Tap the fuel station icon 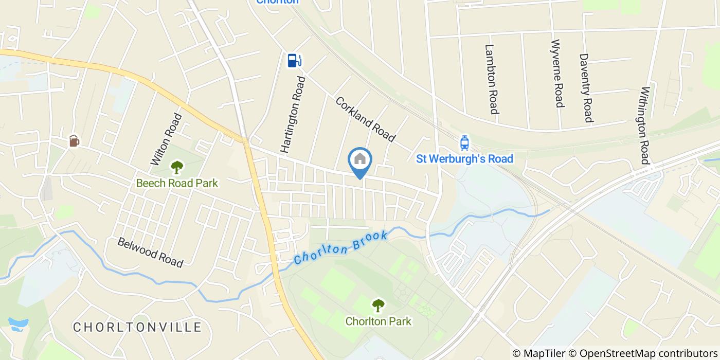[294, 61]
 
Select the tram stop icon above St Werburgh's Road [464, 142]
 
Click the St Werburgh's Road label [464, 158]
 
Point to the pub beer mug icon [75, 140]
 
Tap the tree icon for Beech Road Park [177, 167]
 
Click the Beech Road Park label [177, 183]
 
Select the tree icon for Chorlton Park [379, 305]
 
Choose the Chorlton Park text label [379, 321]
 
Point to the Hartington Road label [293, 114]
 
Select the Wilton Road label [166, 139]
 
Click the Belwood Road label [150, 252]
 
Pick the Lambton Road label [492, 79]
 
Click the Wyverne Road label [557, 73]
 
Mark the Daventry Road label [586, 87]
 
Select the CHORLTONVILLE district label [137, 327]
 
